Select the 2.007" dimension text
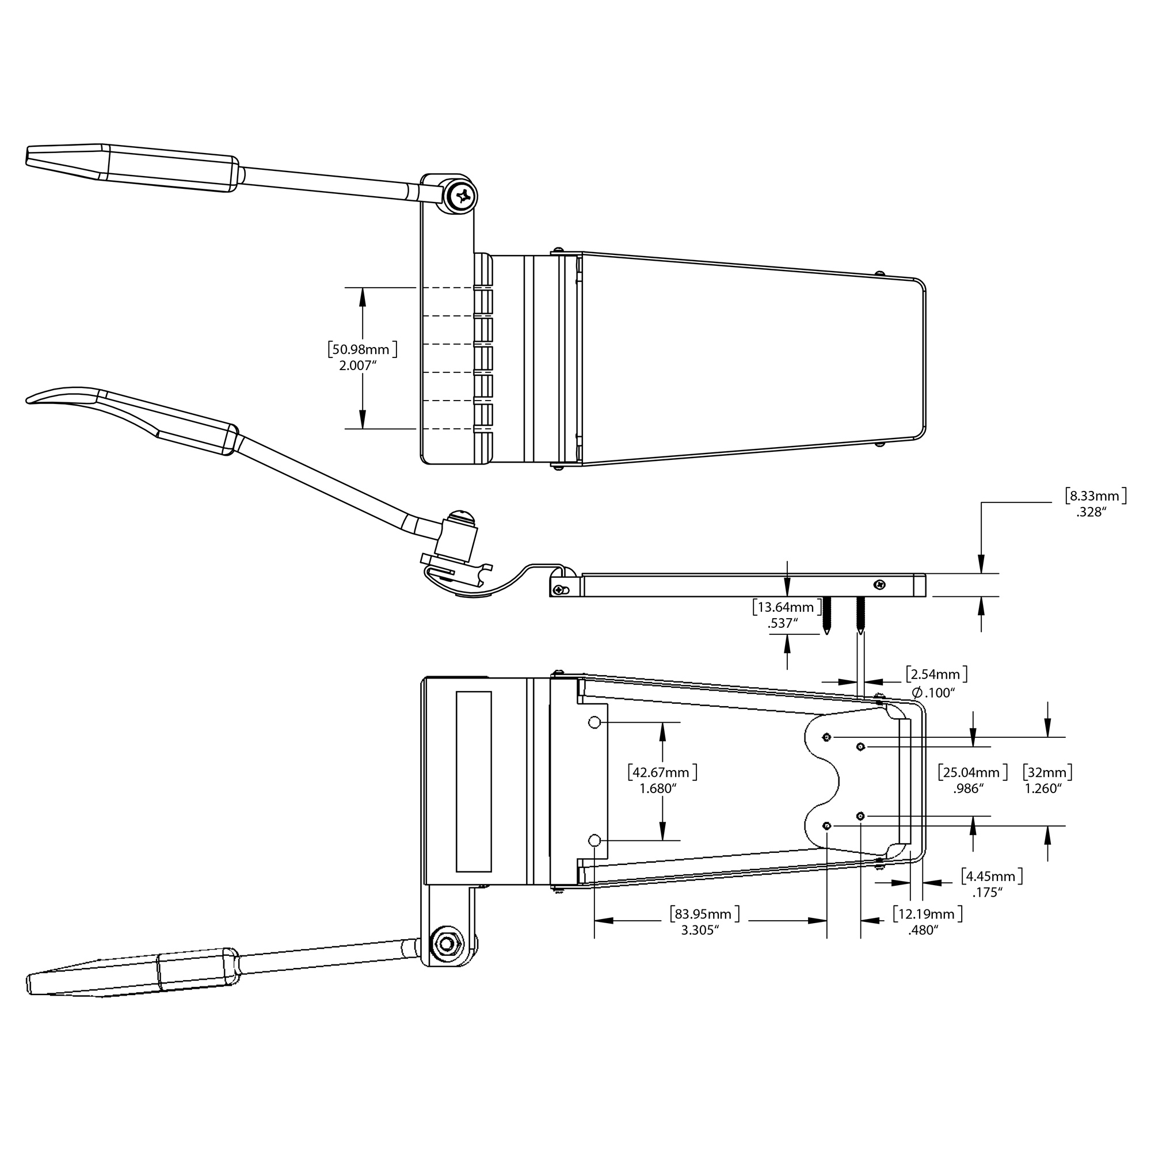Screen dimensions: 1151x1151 pyautogui.click(x=358, y=366)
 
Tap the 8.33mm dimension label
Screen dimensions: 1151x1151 pyautogui.click(x=1096, y=496)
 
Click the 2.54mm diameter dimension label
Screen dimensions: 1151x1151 pyautogui.click(x=936, y=674)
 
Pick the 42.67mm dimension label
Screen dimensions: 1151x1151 pyautogui.click(x=662, y=773)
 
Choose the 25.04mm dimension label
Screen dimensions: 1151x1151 pyautogui.click(x=972, y=773)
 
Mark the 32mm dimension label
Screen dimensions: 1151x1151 pyautogui.click(x=1047, y=773)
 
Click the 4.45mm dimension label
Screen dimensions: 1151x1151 pyautogui.click(x=992, y=876)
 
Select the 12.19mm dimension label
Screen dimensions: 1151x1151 pyautogui.click(x=927, y=914)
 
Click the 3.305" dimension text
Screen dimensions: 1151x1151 pyautogui.click(x=700, y=931)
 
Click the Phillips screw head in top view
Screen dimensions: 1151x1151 pyautogui.click(x=462, y=196)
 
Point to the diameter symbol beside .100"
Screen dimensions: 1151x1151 pyautogui.click(x=917, y=692)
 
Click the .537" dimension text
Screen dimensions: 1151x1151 pyautogui.click(x=783, y=624)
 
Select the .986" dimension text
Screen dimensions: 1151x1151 pyautogui.click(x=968, y=789)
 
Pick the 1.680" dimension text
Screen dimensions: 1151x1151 pyautogui.click(x=658, y=789)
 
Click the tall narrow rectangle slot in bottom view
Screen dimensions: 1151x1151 pyautogui.click(x=474, y=782)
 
